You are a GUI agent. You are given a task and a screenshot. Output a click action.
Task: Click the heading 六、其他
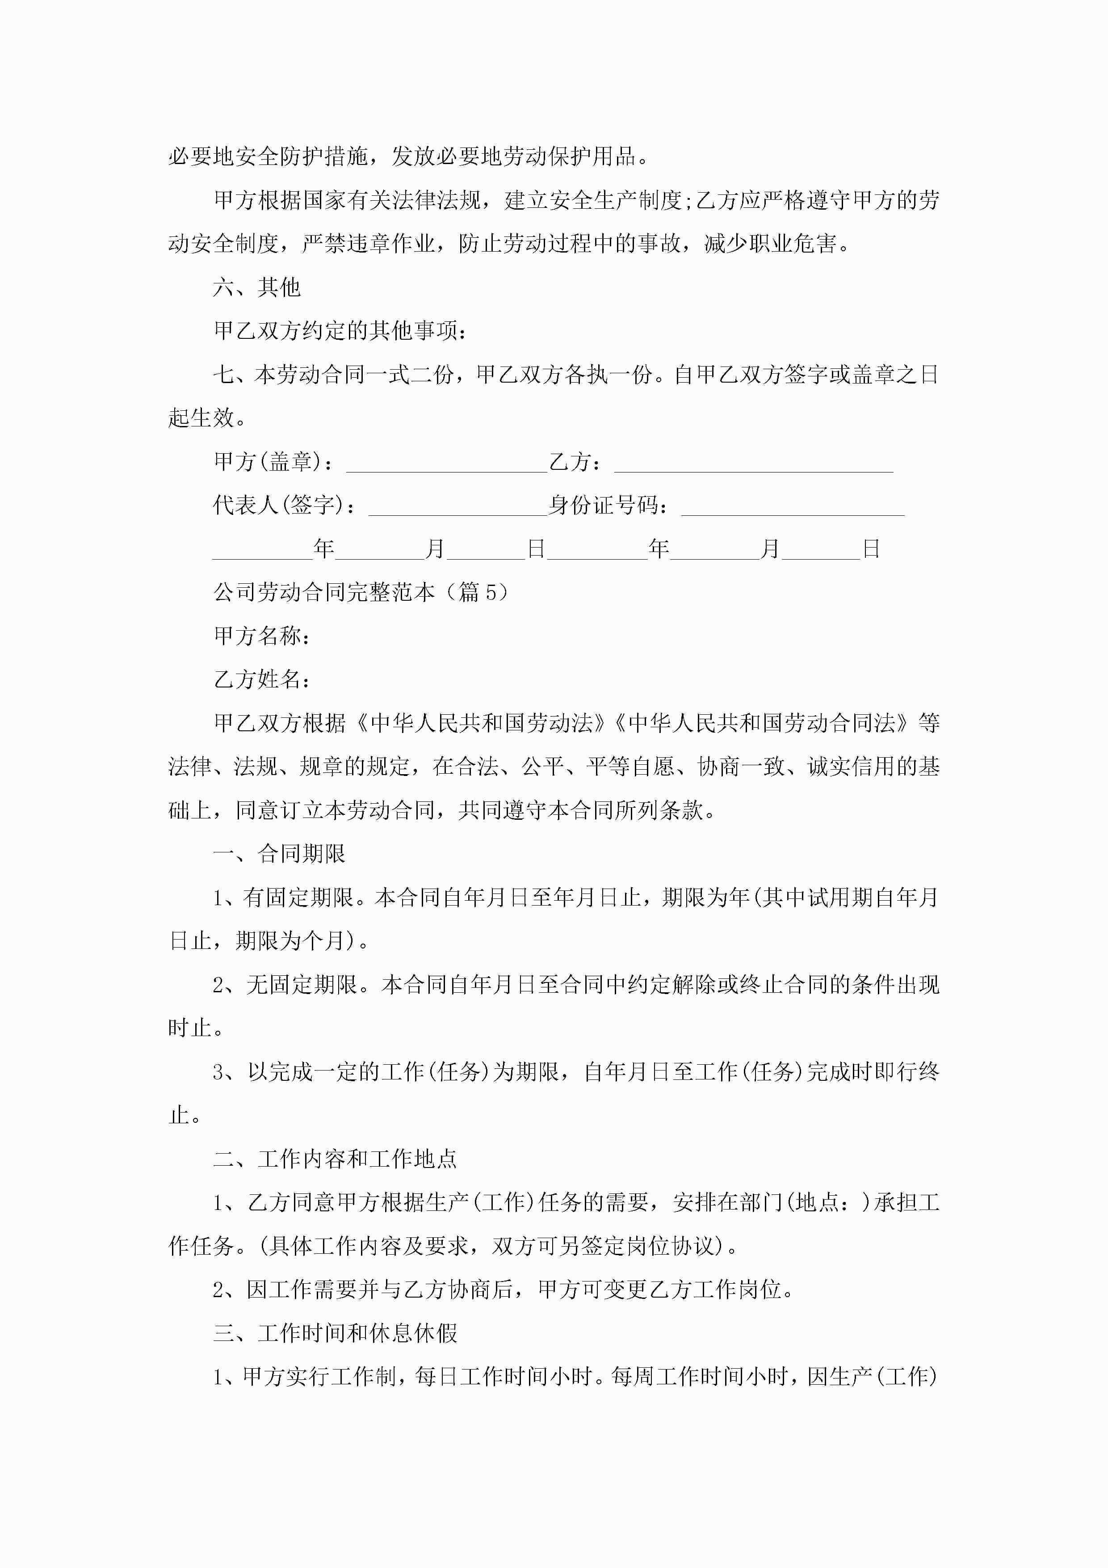coord(257,287)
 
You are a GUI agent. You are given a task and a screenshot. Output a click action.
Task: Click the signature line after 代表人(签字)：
coord(457,507)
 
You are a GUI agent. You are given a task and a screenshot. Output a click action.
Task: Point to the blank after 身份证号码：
coord(792,507)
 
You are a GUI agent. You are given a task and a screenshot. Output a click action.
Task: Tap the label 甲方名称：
coord(262,636)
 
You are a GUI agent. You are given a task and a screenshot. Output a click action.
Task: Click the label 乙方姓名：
coord(262,679)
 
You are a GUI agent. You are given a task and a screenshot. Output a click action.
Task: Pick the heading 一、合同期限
coord(279,854)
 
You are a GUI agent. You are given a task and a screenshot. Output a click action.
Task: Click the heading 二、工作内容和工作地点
coord(335,1159)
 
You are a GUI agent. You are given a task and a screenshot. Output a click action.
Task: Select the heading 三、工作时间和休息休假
coord(335,1333)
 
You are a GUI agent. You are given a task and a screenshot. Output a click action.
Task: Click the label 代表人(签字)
coord(279,506)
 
